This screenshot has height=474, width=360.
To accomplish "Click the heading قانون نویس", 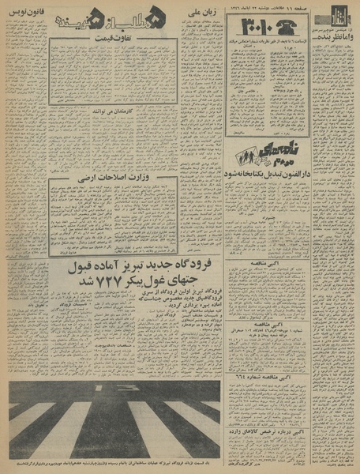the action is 25,13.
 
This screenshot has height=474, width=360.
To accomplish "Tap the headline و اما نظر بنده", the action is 336,36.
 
